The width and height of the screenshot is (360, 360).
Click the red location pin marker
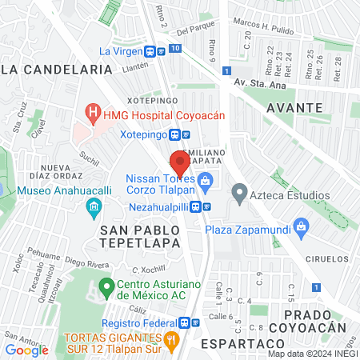pyautogui.click(x=180, y=163)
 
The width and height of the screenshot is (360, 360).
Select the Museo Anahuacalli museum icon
pyautogui.click(x=94, y=207)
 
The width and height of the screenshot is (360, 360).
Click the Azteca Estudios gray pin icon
pyautogui.click(x=238, y=192)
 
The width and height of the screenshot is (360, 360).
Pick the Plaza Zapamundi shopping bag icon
pyautogui.click(x=301, y=226)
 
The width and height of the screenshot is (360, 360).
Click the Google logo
pyautogui.click(x=27, y=349)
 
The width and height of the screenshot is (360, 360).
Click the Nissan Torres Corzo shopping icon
pyautogui.click(x=206, y=181)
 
